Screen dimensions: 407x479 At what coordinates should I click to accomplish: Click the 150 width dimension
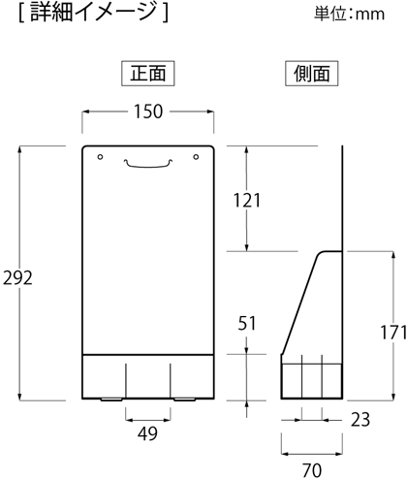(x=148, y=112)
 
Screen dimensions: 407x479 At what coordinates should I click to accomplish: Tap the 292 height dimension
(x=17, y=278)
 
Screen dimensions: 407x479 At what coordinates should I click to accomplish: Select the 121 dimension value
(x=247, y=201)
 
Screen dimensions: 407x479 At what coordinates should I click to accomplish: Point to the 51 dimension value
(x=247, y=323)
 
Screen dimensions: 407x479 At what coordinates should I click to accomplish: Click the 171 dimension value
(x=393, y=333)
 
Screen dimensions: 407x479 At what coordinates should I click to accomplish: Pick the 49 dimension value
(x=147, y=433)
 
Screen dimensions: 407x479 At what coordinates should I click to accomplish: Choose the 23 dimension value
(x=360, y=420)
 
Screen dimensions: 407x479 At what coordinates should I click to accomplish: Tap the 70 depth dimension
(x=312, y=470)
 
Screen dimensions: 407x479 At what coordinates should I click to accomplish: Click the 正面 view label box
(x=148, y=74)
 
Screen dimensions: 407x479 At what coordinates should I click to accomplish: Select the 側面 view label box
(x=312, y=74)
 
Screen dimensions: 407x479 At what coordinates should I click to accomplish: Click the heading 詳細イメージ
(x=94, y=13)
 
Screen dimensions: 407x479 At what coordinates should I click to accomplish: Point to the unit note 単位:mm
(x=350, y=14)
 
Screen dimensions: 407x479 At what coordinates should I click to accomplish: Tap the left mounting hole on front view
(x=100, y=157)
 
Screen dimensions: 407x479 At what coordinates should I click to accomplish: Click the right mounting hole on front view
(x=196, y=157)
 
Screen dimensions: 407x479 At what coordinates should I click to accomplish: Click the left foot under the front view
(x=111, y=399)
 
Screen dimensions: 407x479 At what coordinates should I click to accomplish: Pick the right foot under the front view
(x=184, y=399)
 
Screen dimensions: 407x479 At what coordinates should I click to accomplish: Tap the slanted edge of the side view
(x=299, y=303)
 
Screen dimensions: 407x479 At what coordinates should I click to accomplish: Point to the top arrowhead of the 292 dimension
(x=20, y=149)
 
